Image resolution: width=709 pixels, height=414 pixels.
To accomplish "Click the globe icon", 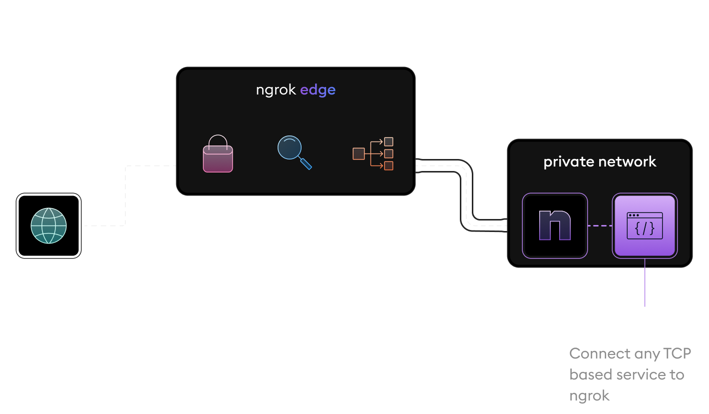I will click(x=48, y=226).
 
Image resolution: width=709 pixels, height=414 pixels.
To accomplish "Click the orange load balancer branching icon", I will click(x=373, y=153).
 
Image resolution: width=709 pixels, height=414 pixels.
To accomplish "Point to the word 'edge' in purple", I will click(x=318, y=90).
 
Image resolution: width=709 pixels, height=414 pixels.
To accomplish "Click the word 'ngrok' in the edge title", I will click(x=276, y=90).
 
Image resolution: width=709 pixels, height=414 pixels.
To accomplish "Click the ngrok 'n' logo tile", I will click(x=555, y=226).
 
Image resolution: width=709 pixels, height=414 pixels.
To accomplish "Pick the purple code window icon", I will click(x=645, y=226).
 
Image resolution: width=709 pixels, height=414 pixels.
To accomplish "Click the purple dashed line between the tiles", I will click(x=600, y=226).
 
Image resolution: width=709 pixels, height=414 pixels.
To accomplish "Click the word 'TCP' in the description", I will click(x=677, y=353).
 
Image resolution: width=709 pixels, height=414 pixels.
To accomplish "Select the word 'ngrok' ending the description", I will click(x=590, y=396).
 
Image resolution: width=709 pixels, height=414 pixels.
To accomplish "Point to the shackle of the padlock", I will click(x=218, y=141).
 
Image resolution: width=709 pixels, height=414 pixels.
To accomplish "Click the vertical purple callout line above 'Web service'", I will click(x=645, y=282).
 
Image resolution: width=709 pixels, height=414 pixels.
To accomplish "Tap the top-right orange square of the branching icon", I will click(x=388, y=141).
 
